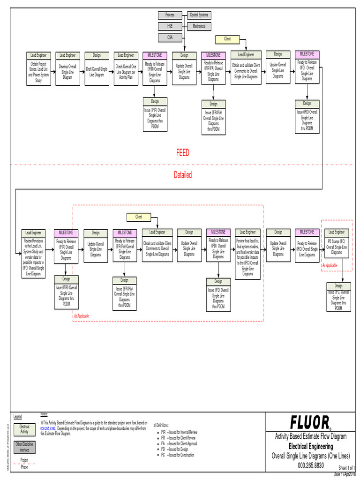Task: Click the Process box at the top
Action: coord(170,15)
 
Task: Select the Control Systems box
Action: coord(199,15)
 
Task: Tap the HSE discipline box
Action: coord(170,26)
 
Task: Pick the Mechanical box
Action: coord(199,26)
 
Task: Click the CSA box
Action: coord(170,37)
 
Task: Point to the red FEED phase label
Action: coord(183,153)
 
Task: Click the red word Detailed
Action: coord(183,175)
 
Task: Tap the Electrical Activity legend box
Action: coord(24,429)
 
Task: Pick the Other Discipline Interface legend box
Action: coord(24,447)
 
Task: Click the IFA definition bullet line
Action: coord(179,443)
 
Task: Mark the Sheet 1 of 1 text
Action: coord(347,468)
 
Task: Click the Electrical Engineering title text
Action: coord(310,446)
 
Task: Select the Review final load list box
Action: coord(248,256)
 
